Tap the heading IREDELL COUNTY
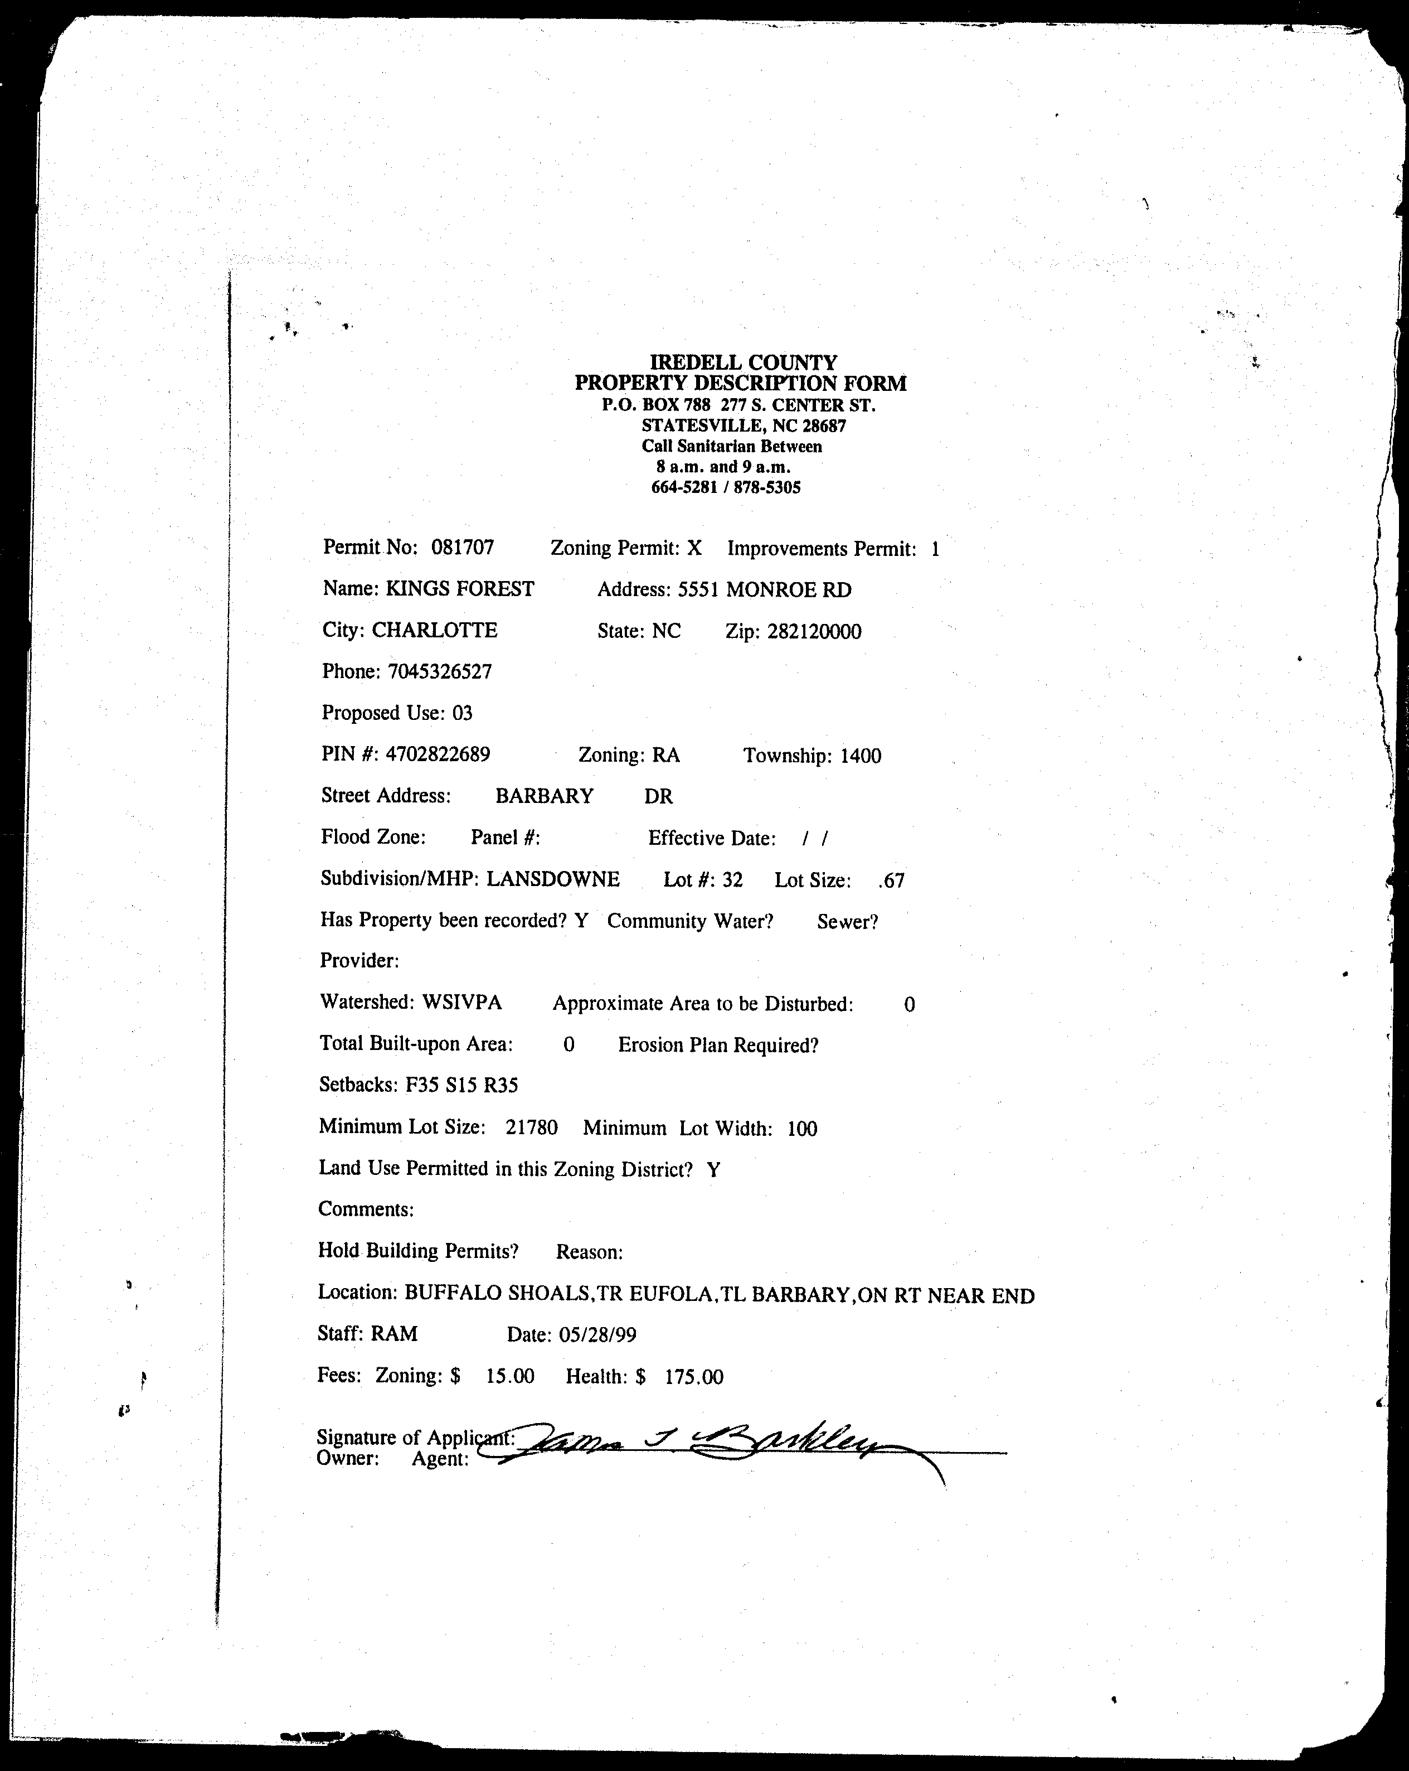click(x=743, y=362)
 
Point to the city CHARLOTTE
click(x=434, y=630)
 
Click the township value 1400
click(x=861, y=756)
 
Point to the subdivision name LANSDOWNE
click(x=552, y=879)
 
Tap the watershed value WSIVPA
click(x=461, y=1002)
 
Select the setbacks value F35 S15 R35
click(x=461, y=1085)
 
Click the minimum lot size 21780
click(x=531, y=1127)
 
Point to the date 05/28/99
click(x=597, y=1335)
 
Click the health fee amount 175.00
click(x=694, y=1377)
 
